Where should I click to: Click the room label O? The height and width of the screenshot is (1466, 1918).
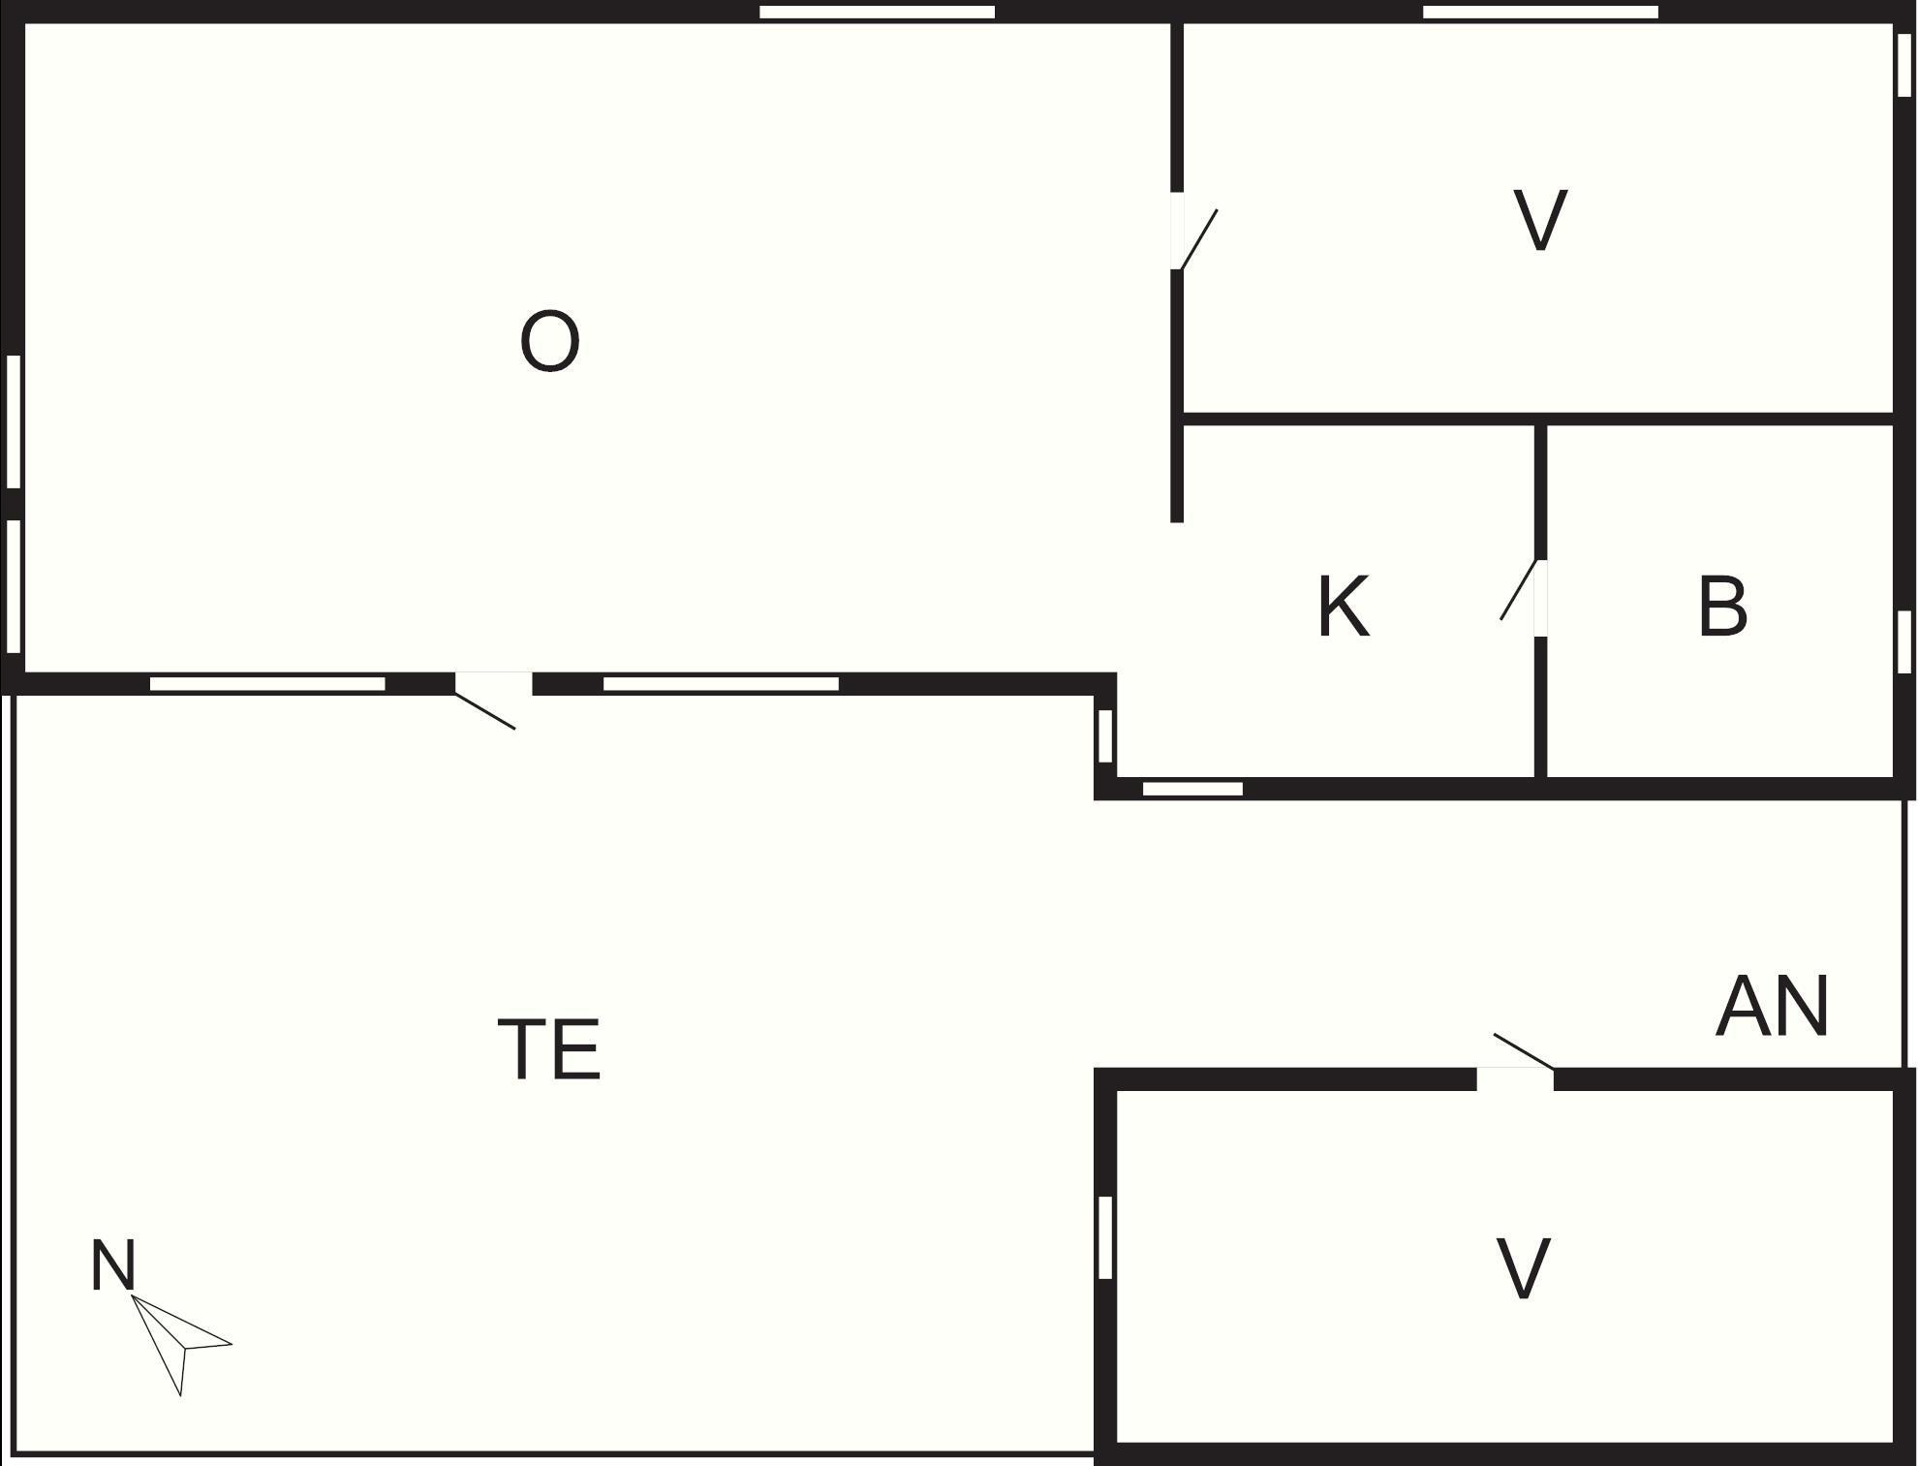click(549, 341)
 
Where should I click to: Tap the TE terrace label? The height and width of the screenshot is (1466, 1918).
click(549, 1049)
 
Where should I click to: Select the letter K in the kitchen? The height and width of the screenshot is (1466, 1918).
click(1344, 608)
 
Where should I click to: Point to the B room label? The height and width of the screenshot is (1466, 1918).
click(1722, 608)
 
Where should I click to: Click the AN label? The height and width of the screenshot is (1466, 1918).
click(1772, 1008)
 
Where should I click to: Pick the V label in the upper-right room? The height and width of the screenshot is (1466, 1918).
click(1539, 221)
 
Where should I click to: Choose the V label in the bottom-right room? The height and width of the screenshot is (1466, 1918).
click(1523, 1269)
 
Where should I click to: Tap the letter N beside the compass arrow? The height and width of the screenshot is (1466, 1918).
click(112, 1266)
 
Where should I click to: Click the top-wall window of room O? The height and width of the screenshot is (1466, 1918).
click(877, 13)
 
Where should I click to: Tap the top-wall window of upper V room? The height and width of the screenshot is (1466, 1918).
click(1540, 13)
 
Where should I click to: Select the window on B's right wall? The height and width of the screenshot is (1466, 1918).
click(1903, 640)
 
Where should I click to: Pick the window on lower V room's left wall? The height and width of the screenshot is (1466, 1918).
click(1105, 1237)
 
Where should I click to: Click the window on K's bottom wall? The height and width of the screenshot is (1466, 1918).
click(1192, 789)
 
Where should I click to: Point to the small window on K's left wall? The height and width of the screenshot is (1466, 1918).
click(1105, 735)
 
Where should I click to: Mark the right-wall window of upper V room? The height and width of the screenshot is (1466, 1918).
click(1903, 64)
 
